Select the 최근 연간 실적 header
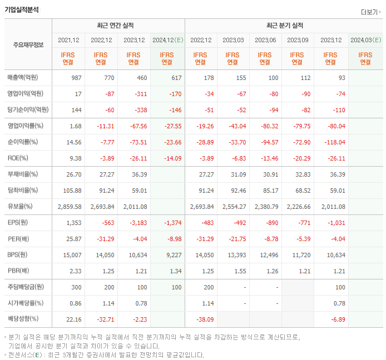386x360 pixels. pyautogui.click(x=118, y=26)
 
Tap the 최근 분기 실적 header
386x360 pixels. pyautogui.click(x=284, y=26)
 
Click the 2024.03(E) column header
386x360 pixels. pyautogui.click(x=365, y=40)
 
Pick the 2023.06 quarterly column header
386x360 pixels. pyautogui.click(x=265, y=40)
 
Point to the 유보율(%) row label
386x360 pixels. pyautogui.click(x=20, y=207)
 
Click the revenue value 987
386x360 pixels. pyautogui.click(x=76, y=78)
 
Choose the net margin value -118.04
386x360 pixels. pyautogui.click(x=334, y=142)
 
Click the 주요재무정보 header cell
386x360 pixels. pyautogui.click(x=28, y=45)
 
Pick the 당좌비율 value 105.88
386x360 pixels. pyautogui.click(x=73, y=191)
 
